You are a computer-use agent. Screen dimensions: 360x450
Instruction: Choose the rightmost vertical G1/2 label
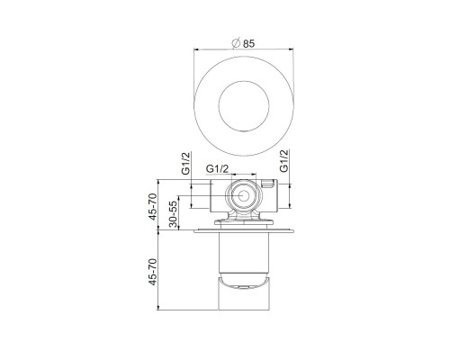click(x=284, y=162)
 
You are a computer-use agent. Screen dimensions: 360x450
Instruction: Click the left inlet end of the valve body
click(x=210, y=193)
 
